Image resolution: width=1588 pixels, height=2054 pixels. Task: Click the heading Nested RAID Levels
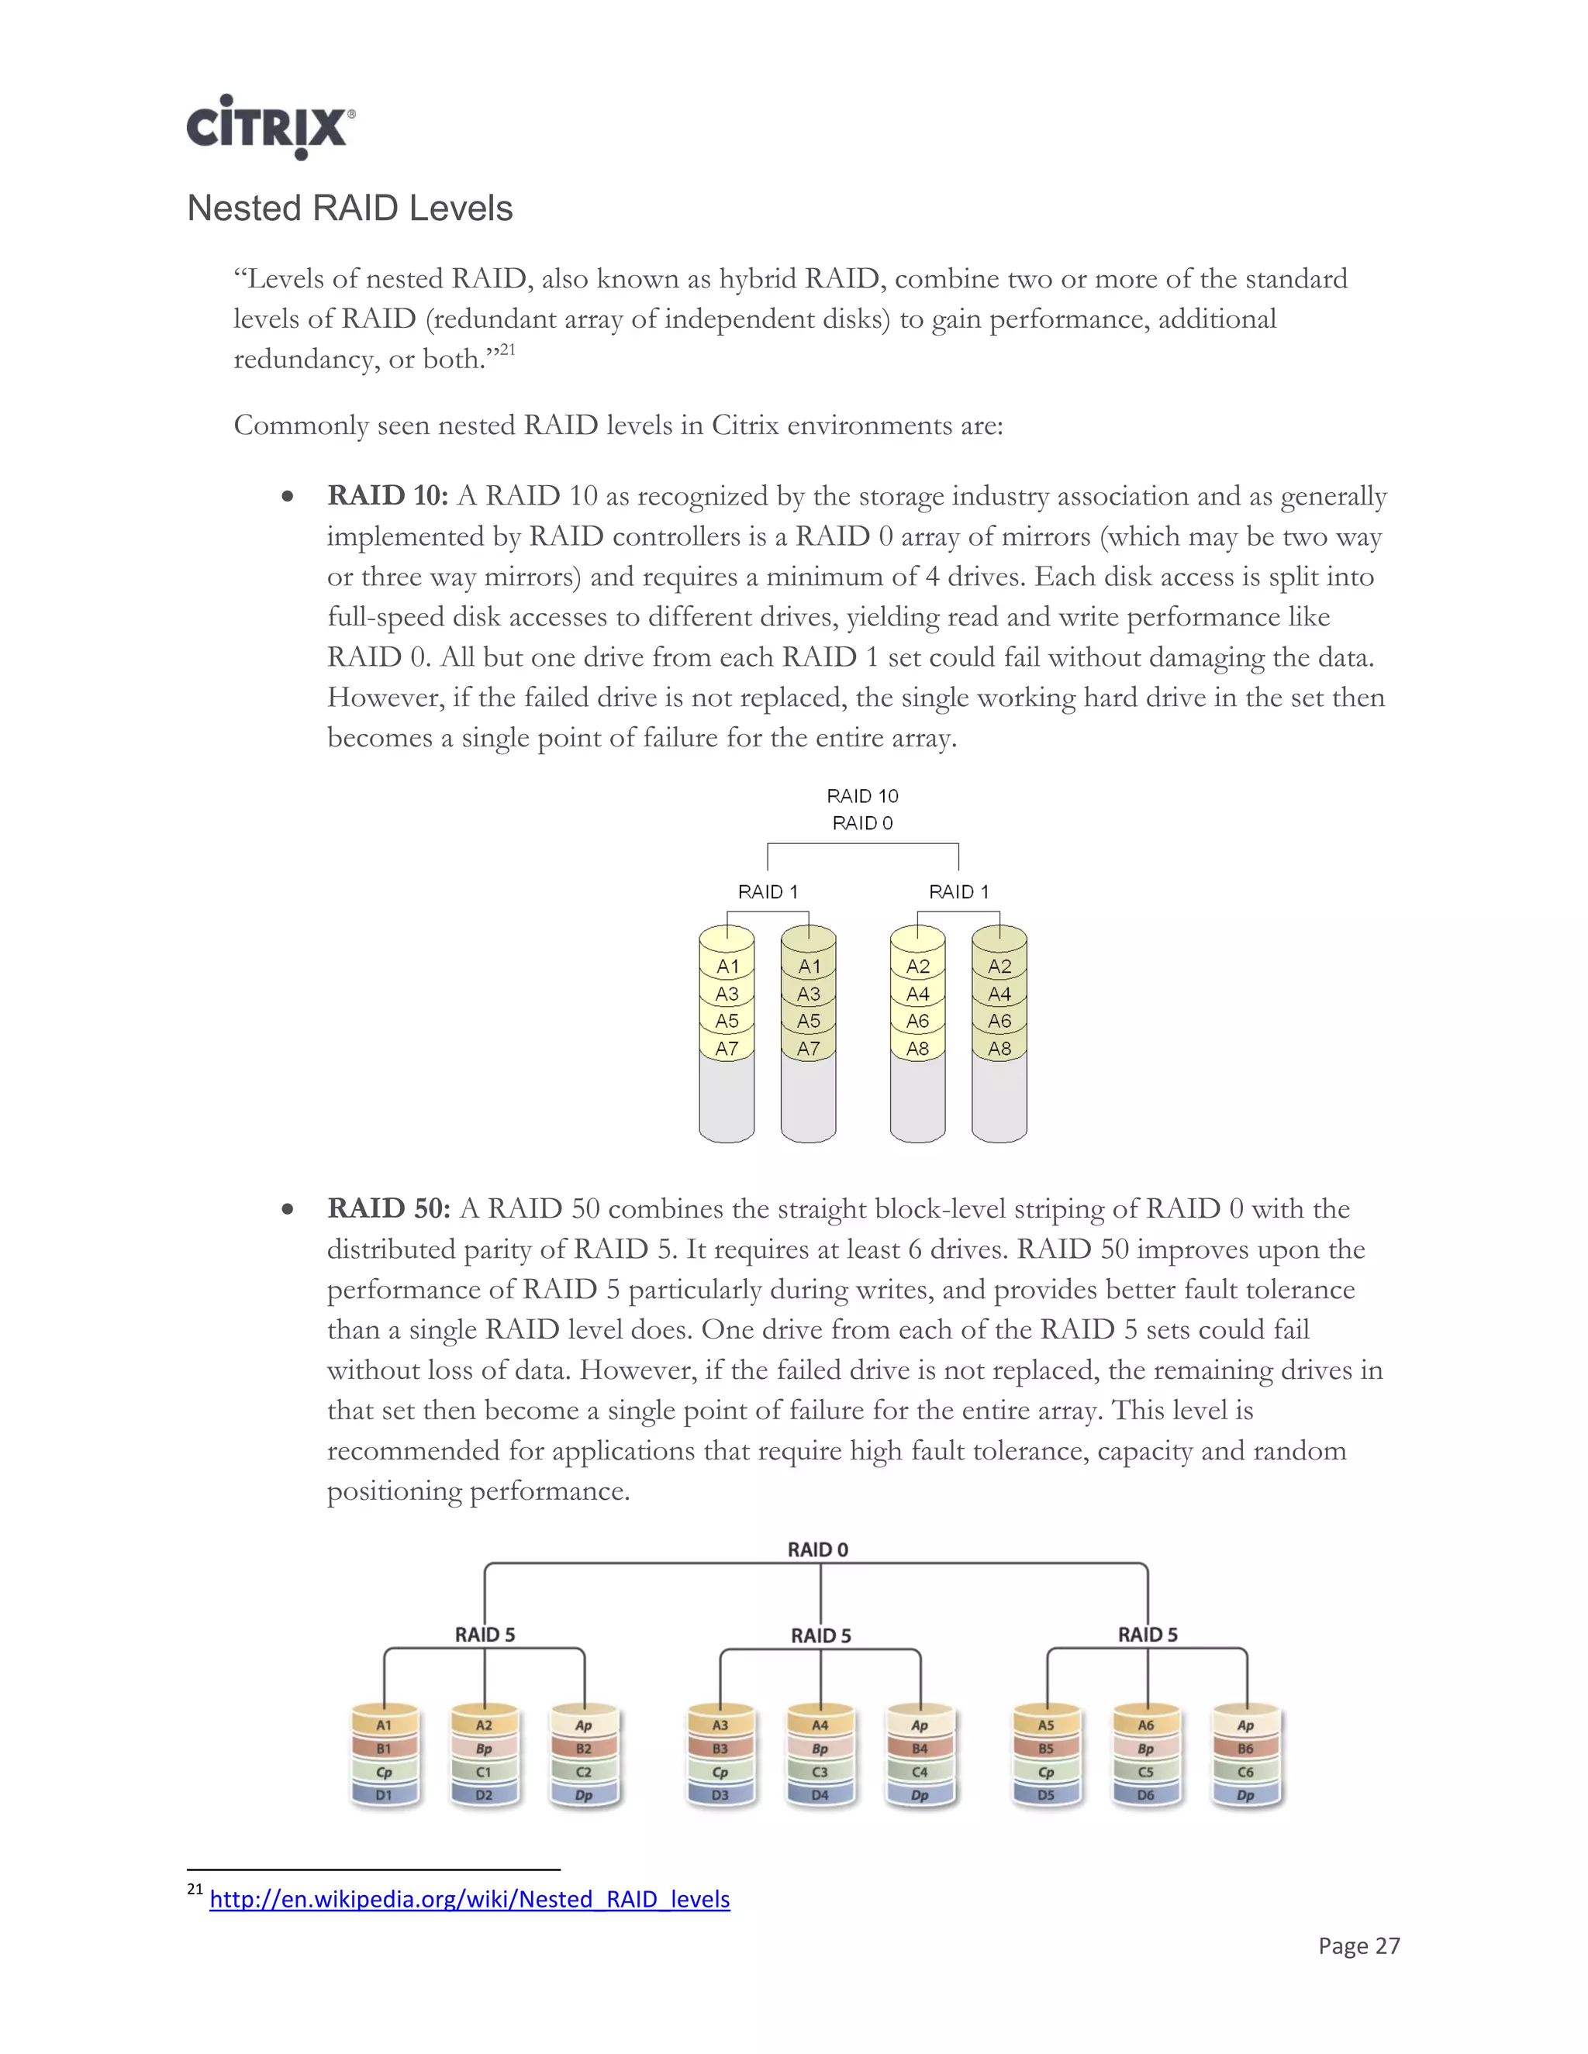[x=349, y=208]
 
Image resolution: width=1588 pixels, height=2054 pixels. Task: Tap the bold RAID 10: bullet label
[x=388, y=495]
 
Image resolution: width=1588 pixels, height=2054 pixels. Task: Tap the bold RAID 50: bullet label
[x=388, y=1208]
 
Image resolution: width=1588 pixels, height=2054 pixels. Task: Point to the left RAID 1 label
[x=767, y=891]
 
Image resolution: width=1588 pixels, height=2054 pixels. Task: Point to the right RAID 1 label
[x=958, y=891]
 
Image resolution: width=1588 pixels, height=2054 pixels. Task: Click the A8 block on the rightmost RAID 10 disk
[x=999, y=1048]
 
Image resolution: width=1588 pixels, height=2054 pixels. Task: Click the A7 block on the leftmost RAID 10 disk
[x=727, y=1048]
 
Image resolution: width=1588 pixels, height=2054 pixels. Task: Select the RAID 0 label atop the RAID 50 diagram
[x=817, y=1549]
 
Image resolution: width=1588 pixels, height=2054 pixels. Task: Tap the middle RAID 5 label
[x=820, y=1635]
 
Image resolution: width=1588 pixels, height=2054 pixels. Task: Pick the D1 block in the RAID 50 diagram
[x=384, y=1794]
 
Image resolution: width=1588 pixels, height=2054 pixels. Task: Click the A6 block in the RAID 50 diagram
[x=1145, y=1725]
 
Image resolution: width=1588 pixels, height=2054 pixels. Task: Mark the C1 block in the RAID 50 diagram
[x=484, y=1772]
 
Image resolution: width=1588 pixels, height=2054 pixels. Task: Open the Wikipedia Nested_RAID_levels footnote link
[x=468, y=1899]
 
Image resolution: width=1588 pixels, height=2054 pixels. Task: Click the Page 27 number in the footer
[x=1358, y=1945]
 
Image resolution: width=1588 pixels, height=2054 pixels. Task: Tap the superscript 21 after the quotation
[x=507, y=350]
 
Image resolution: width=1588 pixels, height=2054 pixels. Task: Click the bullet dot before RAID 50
[x=288, y=1209]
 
